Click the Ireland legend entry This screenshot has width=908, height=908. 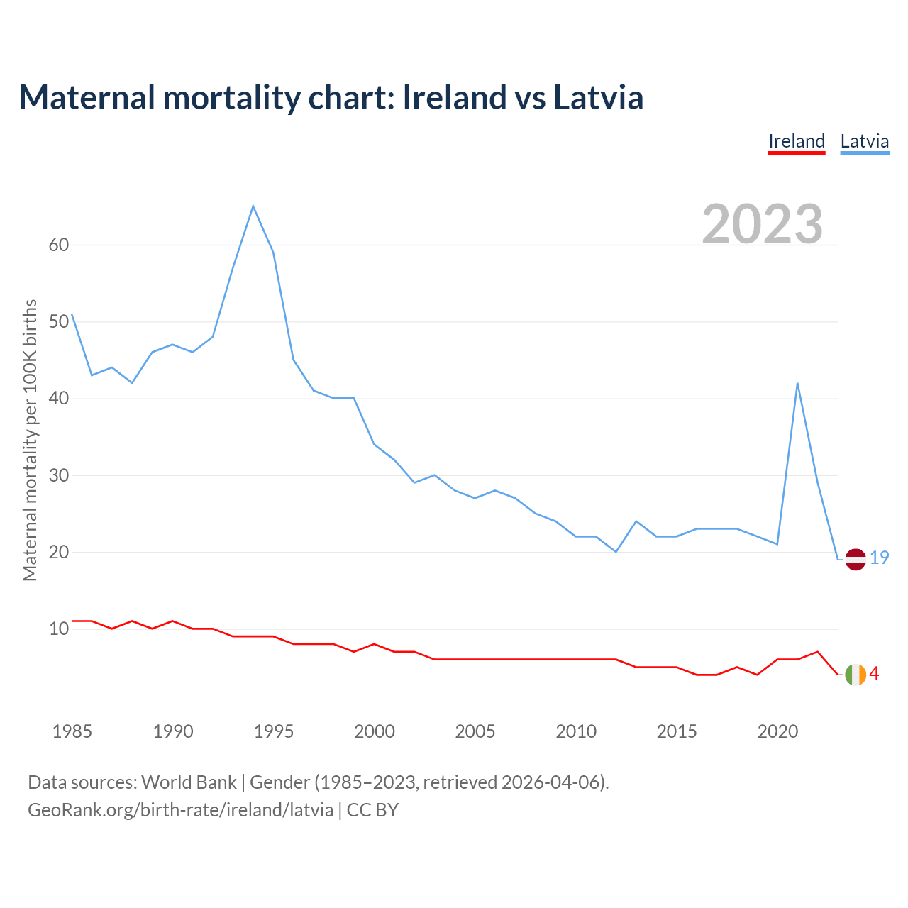(x=797, y=141)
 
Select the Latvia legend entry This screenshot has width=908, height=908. (x=864, y=141)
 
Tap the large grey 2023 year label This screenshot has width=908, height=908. (x=763, y=224)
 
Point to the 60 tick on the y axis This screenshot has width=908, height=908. (x=59, y=245)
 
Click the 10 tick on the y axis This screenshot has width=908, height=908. (x=59, y=629)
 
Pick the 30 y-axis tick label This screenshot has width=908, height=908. (x=59, y=475)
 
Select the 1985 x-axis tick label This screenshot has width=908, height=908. (x=72, y=731)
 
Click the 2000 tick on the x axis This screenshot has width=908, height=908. (x=375, y=731)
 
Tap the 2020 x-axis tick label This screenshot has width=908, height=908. (x=777, y=731)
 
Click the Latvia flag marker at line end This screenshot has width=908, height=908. (x=856, y=559)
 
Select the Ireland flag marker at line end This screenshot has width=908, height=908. (x=856, y=675)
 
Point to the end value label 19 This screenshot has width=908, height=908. (x=880, y=558)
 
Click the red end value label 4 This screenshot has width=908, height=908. (x=875, y=674)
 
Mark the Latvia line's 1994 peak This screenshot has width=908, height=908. (x=253, y=206)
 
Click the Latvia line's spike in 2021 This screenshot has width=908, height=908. (x=798, y=384)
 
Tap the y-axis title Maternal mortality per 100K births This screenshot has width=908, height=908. (x=30, y=440)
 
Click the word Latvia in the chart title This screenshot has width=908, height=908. (x=598, y=97)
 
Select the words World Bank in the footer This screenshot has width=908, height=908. (x=189, y=782)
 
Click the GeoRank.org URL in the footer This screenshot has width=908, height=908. (x=180, y=810)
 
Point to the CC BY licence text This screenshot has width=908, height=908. (x=372, y=810)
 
